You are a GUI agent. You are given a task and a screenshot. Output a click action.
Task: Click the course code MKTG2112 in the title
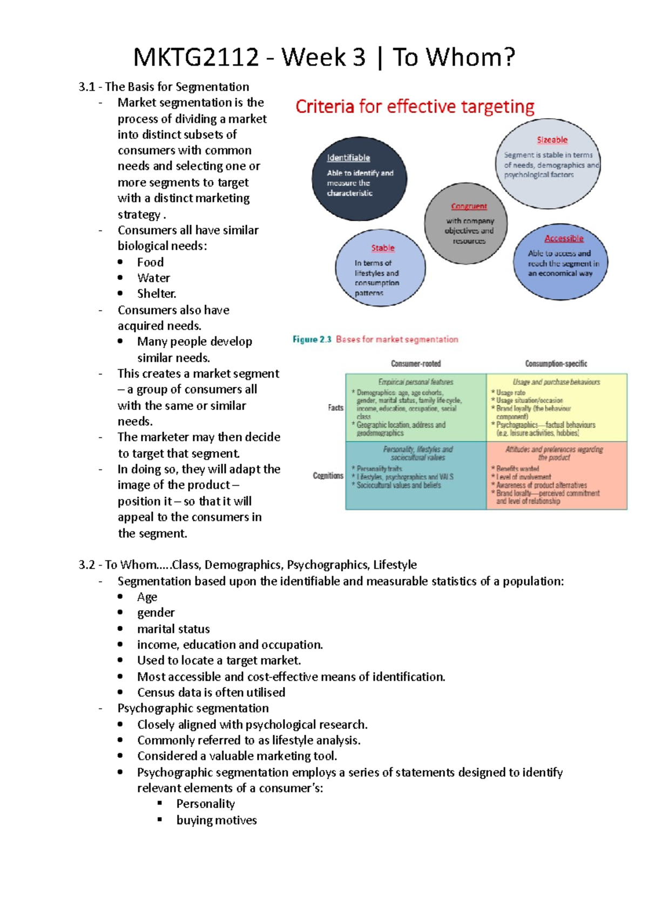195,57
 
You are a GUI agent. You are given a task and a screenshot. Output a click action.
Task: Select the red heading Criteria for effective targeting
415,106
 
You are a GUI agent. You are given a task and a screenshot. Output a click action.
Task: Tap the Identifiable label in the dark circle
348,158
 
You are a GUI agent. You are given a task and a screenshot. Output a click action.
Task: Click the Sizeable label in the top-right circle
552,140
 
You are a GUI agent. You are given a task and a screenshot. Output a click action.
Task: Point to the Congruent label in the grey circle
469,206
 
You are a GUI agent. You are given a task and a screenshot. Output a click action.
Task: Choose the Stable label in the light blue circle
382,248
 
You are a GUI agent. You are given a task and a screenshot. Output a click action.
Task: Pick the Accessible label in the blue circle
564,238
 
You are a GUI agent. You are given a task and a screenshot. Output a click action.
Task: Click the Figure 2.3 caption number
312,339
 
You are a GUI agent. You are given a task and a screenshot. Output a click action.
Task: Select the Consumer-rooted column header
416,364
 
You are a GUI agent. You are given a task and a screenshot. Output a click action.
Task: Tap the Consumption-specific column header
556,364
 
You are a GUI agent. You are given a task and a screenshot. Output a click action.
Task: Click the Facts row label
335,407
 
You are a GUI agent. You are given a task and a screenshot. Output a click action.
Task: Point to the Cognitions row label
328,476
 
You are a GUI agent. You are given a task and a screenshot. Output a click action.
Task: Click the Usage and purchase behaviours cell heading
556,382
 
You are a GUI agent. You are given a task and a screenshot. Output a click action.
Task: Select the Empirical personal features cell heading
415,382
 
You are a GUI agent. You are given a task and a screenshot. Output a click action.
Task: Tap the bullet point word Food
150,262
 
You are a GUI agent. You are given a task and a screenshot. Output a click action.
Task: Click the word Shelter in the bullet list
156,293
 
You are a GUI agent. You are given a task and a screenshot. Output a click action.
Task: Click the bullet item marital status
173,629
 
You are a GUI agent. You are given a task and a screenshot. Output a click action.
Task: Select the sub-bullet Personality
205,804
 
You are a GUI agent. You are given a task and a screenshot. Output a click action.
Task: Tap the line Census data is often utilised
211,692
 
